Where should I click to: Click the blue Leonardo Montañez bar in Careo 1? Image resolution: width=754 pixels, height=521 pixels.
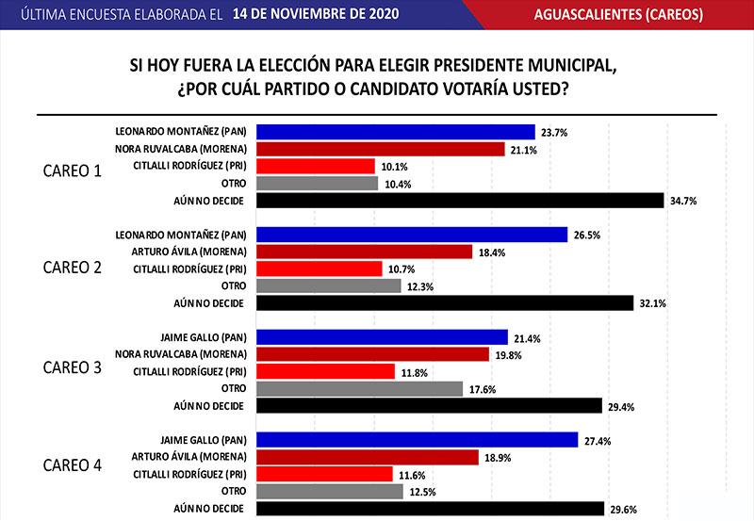click(396, 132)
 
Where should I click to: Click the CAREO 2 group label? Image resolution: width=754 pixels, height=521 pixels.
click(72, 267)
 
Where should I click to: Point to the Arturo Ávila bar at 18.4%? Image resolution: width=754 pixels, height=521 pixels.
click(364, 252)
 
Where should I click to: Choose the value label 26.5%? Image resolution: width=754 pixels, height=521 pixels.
click(587, 235)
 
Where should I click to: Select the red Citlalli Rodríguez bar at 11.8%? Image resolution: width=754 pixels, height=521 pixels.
click(325, 371)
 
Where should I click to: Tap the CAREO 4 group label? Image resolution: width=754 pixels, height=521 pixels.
click(72, 464)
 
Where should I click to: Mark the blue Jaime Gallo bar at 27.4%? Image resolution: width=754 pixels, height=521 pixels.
click(417, 440)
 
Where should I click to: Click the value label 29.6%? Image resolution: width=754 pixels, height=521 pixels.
click(623, 509)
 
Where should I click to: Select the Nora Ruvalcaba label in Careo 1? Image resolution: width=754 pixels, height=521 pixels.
click(181, 150)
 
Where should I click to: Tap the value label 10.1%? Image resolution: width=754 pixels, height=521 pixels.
click(394, 167)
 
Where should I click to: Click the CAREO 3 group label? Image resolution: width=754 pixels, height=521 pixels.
click(72, 367)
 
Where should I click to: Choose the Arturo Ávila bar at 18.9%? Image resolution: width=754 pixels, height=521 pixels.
click(368, 457)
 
